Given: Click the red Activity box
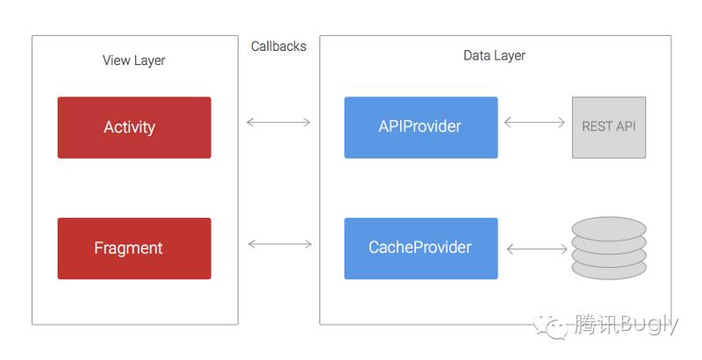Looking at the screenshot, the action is (x=134, y=127).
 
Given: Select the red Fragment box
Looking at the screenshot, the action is (x=134, y=248).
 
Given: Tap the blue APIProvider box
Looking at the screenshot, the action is (x=421, y=127).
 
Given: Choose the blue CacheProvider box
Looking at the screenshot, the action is (x=421, y=248).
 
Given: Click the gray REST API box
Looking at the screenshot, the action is (x=609, y=127).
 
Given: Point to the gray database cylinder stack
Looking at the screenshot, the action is (x=609, y=248).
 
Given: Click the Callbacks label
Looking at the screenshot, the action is (x=278, y=47).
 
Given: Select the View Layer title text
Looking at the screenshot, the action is (x=134, y=61).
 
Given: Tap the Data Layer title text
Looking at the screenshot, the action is (x=494, y=55).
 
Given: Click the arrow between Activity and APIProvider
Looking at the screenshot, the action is (x=278, y=122).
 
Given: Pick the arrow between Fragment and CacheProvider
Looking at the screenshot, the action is (x=280, y=244).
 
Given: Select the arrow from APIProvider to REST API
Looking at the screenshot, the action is (x=534, y=122).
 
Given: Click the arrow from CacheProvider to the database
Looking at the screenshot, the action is (x=537, y=249).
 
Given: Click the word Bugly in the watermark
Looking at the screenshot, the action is (x=650, y=325).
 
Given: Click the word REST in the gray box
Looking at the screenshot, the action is (x=598, y=126).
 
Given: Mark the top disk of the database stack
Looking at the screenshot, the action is (x=609, y=228).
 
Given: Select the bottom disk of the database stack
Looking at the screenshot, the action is (x=609, y=270).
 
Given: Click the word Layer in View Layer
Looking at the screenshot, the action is (x=148, y=61).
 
